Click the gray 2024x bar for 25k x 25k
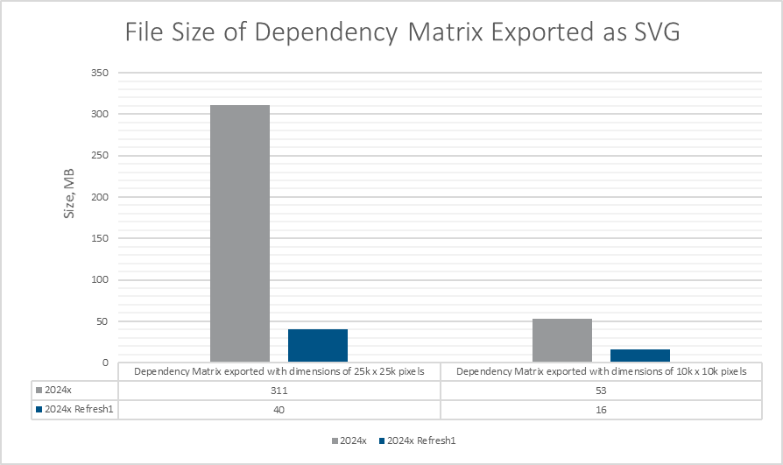tap(240, 233)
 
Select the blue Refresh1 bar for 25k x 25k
tap(318, 345)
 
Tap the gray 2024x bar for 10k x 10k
tap(562, 340)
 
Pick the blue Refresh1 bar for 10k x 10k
tap(640, 355)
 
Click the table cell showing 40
tap(279, 409)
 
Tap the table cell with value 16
tap(603, 409)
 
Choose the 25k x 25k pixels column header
tap(279, 371)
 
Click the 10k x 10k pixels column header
tap(603, 371)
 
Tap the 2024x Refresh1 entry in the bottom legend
tap(420, 440)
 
